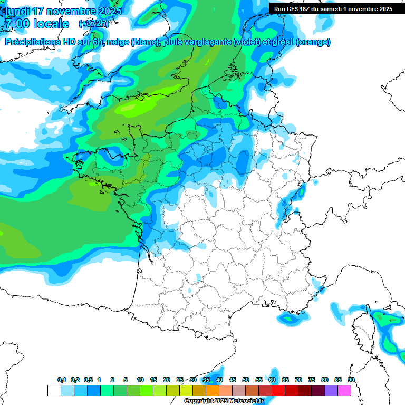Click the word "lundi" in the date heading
(x=16, y=11)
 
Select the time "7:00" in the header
(x=16, y=24)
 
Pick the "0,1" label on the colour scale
(x=62, y=380)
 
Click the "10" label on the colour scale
(x=140, y=380)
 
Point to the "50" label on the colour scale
(x=246, y=380)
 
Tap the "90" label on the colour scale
(x=351, y=380)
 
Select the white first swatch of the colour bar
(x=54, y=390)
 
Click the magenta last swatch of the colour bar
(x=344, y=390)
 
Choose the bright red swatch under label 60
(x=278, y=390)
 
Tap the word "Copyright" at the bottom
(x=199, y=401)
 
